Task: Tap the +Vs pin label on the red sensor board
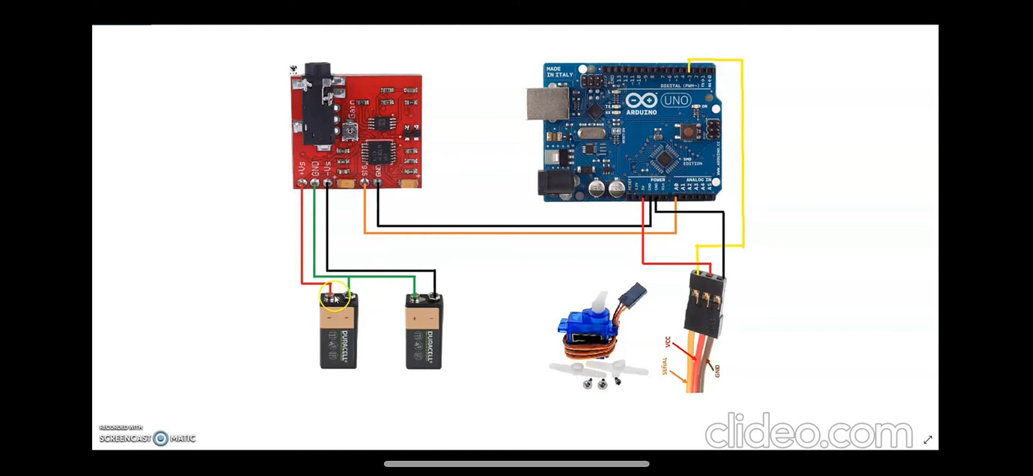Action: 301,168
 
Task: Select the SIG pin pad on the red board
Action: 365,182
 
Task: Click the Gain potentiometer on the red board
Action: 349,132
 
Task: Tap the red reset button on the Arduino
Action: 686,132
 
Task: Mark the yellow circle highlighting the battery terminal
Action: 335,296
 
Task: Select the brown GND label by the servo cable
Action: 717,369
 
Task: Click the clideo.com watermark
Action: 808,432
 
